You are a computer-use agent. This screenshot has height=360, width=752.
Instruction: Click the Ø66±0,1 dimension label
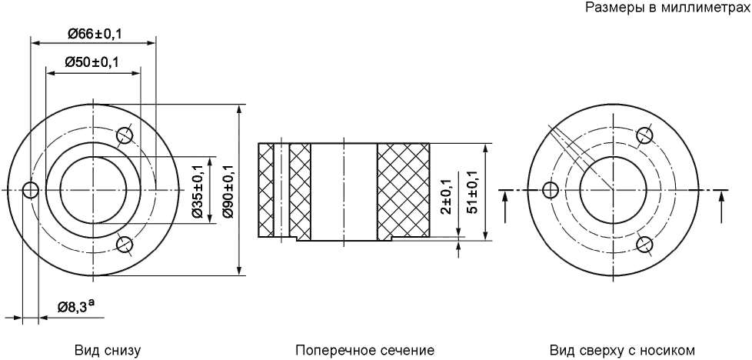[95, 34]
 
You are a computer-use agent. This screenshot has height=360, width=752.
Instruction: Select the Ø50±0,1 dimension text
[92, 62]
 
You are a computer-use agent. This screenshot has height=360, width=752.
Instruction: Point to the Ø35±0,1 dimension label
[197, 189]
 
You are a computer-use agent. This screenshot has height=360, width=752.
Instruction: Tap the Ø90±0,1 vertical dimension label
[228, 191]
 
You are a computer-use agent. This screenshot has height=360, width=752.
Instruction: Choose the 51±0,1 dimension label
[473, 192]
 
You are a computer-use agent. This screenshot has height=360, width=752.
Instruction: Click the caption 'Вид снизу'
[108, 350]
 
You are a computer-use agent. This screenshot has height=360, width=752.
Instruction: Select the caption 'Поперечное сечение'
[365, 350]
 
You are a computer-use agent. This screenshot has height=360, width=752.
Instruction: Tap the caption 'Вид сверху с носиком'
[622, 350]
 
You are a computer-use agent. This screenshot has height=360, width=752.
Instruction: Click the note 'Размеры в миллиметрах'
[668, 7]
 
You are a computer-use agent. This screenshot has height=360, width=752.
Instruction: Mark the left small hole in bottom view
[31, 191]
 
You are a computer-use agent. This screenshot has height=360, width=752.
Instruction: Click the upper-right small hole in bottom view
[125, 135]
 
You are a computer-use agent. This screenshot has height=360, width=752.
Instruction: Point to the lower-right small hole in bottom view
[125, 244]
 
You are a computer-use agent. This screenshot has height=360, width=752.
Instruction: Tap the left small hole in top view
[550, 190]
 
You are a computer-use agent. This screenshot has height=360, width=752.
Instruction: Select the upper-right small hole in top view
[644, 136]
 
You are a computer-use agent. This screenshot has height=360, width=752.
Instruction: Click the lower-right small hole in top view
[644, 245]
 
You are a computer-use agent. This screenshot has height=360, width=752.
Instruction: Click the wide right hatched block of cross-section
[404, 191]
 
